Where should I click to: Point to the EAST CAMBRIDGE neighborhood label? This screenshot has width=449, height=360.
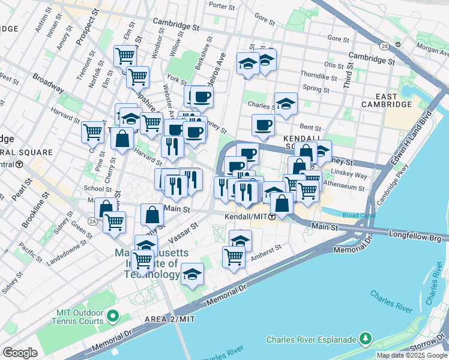tap(386, 100)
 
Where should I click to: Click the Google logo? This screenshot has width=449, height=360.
tap(20, 353)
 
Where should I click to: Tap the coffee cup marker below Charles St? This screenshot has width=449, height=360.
tap(263, 126)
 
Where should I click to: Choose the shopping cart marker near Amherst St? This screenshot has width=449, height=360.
tap(234, 257)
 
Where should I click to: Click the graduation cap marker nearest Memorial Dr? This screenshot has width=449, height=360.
tap(193, 275)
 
